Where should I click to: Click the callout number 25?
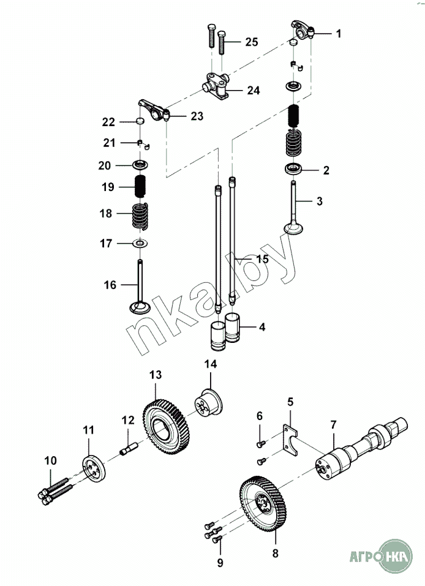tap(251, 42)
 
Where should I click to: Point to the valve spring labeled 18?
tap(140, 215)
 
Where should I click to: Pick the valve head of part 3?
tap(294, 228)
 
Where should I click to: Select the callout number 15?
tap(261, 259)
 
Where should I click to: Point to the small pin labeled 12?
tap(129, 450)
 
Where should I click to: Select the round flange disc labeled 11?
tap(93, 468)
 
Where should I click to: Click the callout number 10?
tap(50, 460)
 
